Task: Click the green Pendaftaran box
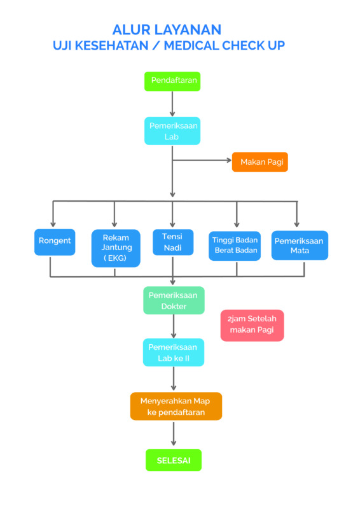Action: tap(172, 81)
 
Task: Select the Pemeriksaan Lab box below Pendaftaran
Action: tap(172, 131)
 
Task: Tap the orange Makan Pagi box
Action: tap(260, 162)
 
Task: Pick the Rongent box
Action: tap(55, 242)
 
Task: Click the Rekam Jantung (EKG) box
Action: tap(116, 248)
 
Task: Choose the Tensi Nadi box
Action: tap(173, 242)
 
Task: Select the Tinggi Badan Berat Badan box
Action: tap(235, 246)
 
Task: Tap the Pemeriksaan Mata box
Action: tap(300, 246)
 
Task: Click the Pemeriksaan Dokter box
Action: tap(174, 300)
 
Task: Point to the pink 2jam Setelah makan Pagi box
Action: tap(253, 325)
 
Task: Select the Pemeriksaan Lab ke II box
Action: tap(174, 352)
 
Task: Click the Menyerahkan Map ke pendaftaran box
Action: tap(176, 406)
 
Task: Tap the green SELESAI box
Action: tap(174, 460)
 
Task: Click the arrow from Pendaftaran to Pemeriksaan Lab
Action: tap(172, 104)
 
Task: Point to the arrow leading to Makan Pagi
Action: tap(202, 160)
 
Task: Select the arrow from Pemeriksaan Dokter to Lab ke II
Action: tap(174, 326)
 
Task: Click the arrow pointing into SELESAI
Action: tap(174, 434)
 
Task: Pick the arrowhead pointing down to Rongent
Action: tap(53, 225)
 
